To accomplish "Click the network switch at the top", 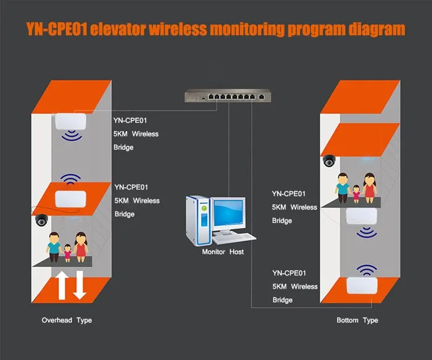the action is (228, 96).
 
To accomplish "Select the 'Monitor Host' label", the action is (223, 252).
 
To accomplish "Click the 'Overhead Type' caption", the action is (67, 320).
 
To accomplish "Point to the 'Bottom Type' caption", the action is (357, 320).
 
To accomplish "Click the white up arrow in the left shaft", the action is (62, 285).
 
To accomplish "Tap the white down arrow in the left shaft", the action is (80, 285).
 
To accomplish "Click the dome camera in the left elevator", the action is (41, 220).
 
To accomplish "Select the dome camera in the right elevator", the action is (329, 161).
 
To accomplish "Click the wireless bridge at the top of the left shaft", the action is (70, 121).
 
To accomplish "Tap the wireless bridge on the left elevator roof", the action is (70, 199).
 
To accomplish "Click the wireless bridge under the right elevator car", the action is (362, 216).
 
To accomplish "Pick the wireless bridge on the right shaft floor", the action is (362, 285).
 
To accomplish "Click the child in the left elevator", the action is (67, 253).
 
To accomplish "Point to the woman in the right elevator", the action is (369, 188).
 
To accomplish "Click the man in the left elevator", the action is (54, 247).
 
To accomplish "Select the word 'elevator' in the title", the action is (118, 29).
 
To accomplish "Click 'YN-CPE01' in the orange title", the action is (57, 29).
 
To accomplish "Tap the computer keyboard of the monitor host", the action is (234, 238).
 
